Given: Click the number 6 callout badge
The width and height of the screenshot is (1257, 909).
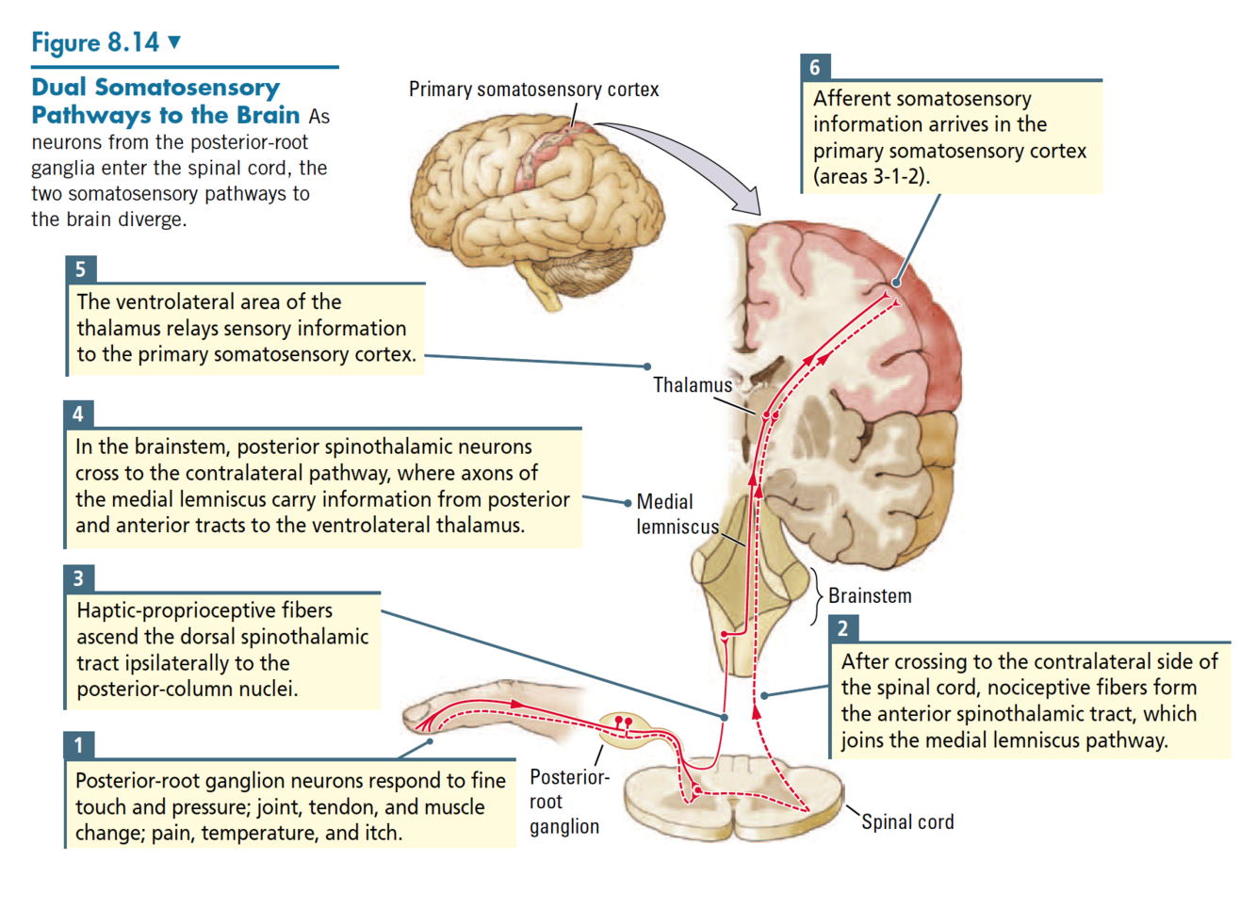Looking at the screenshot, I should click(x=815, y=67).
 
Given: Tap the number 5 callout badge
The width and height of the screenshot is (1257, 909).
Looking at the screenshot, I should click(x=80, y=269).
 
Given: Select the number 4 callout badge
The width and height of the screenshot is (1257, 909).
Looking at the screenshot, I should click(x=78, y=414).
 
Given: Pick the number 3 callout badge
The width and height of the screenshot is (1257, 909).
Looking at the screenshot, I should click(x=78, y=578).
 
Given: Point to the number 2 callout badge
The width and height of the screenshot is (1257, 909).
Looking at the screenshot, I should click(x=842, y=628).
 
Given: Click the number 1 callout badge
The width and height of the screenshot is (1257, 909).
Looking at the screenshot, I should click(x=78, y=745).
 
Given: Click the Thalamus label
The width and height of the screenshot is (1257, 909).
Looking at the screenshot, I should click(x=693, y=385).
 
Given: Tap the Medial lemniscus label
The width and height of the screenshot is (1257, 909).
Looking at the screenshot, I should click(x=677, y=514).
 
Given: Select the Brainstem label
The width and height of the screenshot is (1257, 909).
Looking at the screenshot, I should click(x=870, y=596).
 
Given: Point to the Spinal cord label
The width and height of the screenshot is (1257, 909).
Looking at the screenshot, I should click(x=907, y=822).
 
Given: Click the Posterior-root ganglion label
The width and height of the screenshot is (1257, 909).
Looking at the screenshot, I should click(x=565, y=802).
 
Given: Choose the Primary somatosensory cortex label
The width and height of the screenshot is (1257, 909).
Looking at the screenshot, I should click(x=533, y=89).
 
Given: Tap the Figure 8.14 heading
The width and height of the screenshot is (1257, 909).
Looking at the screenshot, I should click(x=95, y=42).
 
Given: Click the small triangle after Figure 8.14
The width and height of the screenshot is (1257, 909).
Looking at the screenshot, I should click(x=174, y=41).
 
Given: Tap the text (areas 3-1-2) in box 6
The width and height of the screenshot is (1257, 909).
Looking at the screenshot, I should click(x=872, y=176).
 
